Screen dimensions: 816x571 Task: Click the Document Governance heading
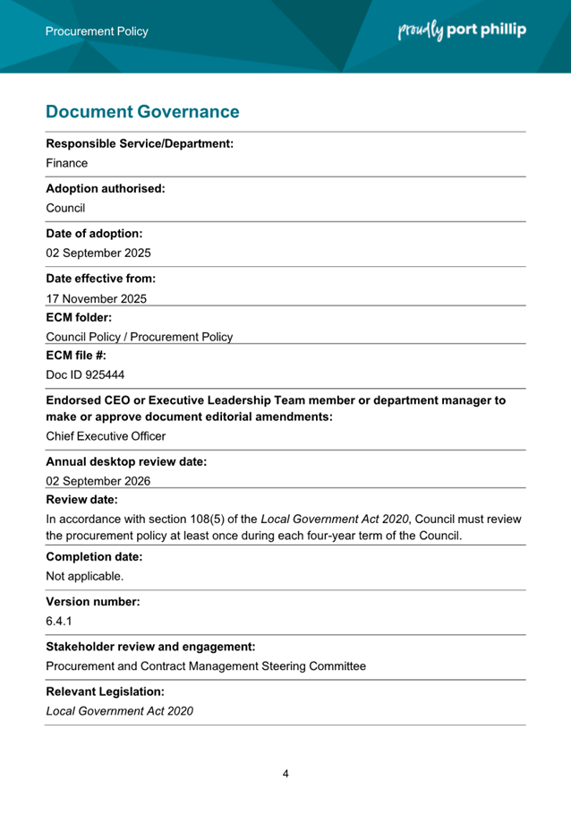pos(142,112)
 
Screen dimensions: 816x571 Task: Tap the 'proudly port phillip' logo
pos(461,30)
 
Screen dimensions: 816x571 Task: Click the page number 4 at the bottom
pos(285,774)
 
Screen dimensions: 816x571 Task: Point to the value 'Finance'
pos(67,164)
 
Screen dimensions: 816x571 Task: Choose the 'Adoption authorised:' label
pos(106,189)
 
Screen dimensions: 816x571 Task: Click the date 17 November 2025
pos(97,299)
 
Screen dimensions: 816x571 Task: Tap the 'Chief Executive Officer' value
pos(106,436)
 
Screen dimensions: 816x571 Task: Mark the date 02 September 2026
pos(98,481)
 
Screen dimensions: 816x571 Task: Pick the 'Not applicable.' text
pos(85,576)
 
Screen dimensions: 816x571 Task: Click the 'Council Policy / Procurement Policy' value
pos(140,337)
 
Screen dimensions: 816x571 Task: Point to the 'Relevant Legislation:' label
pos(106,691)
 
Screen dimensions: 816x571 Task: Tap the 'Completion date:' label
pos(94,557)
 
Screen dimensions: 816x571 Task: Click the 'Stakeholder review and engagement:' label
pos(150,647)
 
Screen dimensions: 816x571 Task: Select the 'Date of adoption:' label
pos(94,234)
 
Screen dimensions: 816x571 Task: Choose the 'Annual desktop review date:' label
pos(126,462)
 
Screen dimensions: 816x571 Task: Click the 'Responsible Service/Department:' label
pos(140,143)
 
